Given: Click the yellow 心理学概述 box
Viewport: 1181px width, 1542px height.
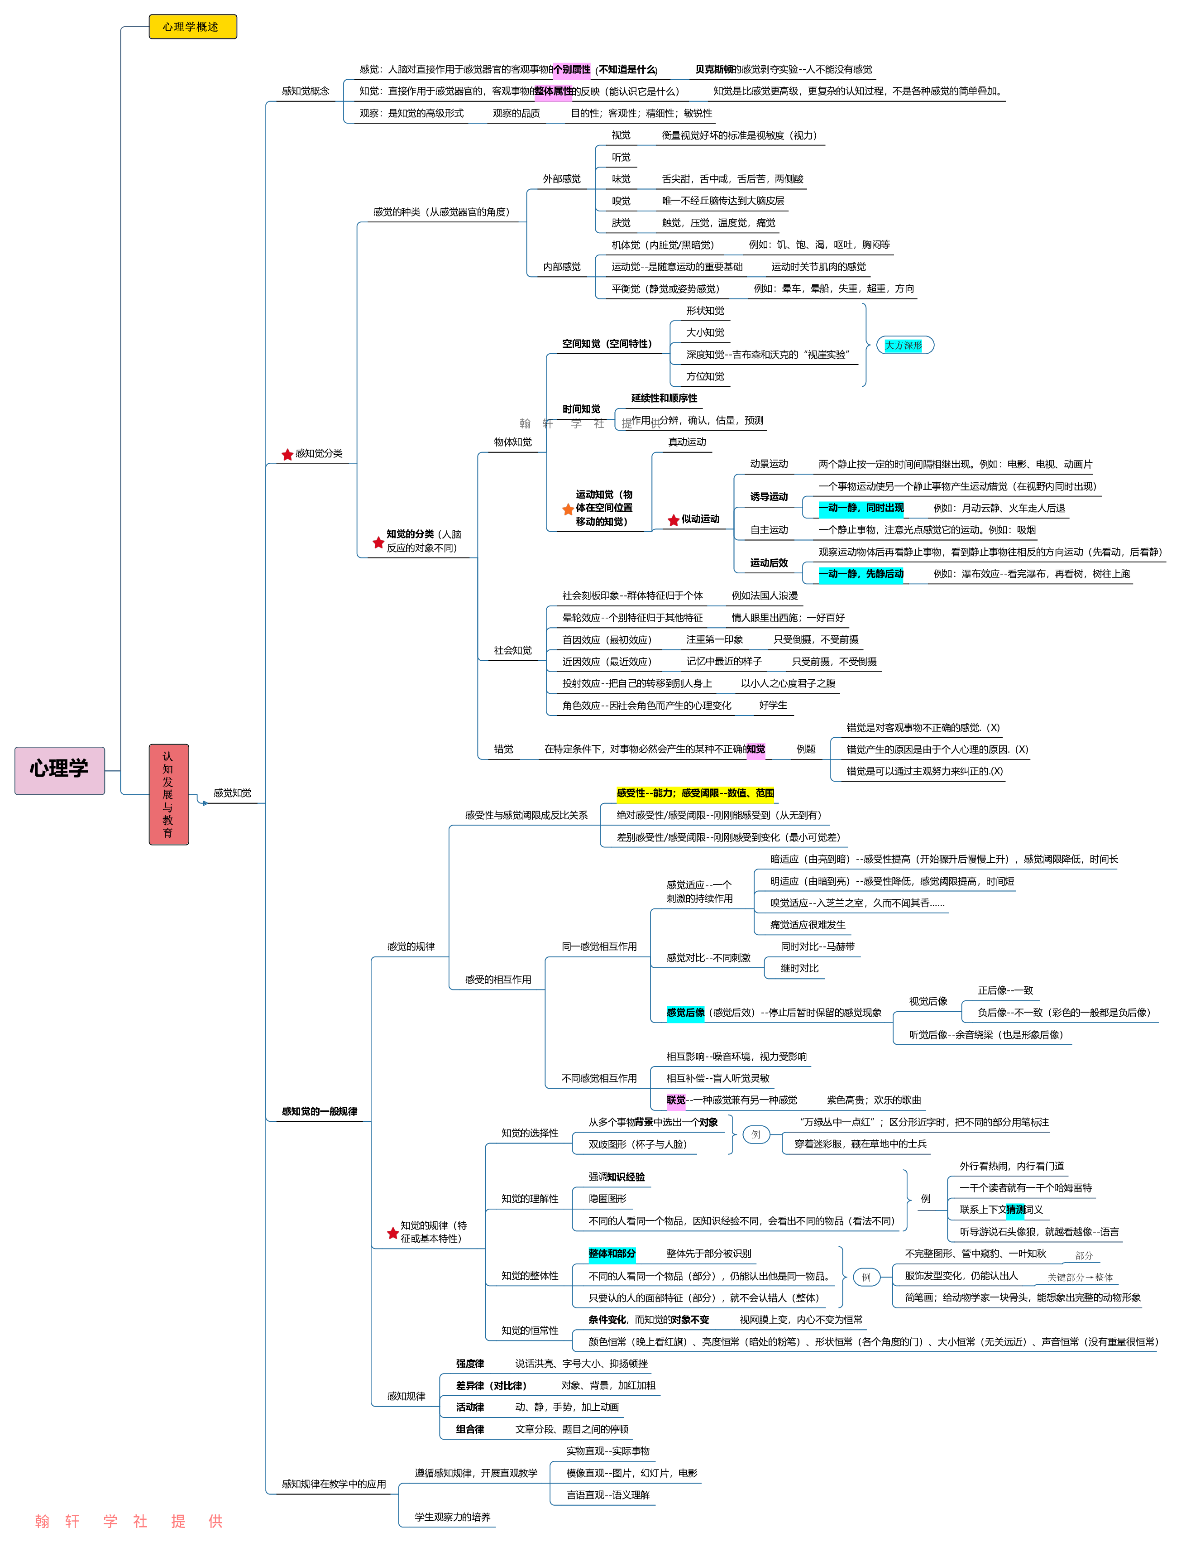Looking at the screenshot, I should pos(193,27).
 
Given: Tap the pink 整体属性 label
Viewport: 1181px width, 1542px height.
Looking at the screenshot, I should pos(553,91).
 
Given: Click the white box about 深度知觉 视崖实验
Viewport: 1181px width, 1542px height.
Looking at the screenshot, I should pos(769,355).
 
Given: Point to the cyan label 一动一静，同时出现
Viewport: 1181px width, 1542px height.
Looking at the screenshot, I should pos(861,508).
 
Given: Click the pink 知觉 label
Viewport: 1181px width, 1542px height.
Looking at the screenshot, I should pos(755,749).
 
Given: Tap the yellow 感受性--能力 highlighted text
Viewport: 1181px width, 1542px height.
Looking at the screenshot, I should pos(694,793).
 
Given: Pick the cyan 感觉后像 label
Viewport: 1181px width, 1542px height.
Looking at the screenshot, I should pos(685,1013).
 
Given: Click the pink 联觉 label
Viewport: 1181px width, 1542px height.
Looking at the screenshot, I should pos(675,1100).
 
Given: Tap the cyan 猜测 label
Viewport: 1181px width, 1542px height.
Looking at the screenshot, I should pos(1014,1210).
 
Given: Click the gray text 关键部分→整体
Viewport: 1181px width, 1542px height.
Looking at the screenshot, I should pos(1080,1278).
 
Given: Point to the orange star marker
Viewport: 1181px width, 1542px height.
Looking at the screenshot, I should pos(568,510).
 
